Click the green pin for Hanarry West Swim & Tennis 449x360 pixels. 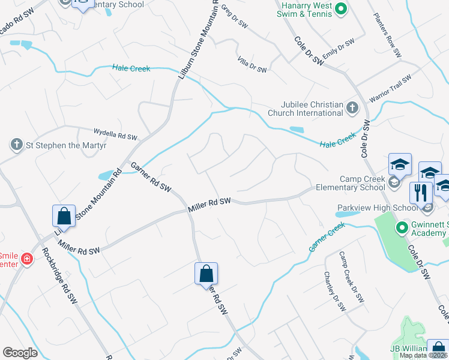tap(341, 8)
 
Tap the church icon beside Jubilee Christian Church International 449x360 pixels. tap(352, 108)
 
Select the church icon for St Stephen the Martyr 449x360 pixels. tap(16, 145)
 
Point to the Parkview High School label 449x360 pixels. tap(377, 208)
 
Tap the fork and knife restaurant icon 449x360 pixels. tap(421, 192)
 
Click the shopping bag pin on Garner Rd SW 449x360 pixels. tap(206, 274)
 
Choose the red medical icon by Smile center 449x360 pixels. tap(26, 259)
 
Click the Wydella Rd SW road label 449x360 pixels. tap(116, 133)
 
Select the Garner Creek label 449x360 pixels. tap(327, 236)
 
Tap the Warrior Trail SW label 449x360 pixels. tap(390, 88)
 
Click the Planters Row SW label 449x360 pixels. tap(387, 35)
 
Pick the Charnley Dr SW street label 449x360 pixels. tap(334, 291)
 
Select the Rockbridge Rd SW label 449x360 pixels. tap(70, 281)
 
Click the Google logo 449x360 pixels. tap(20, 353)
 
